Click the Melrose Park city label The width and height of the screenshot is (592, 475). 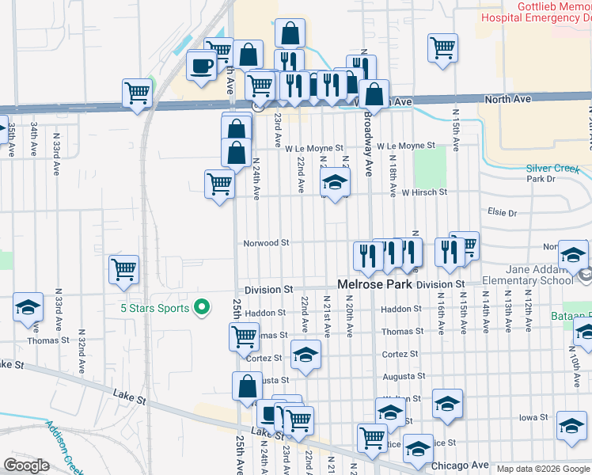coord(375,283)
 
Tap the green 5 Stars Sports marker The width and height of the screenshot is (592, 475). coord(202,307)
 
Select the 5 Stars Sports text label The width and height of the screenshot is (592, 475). coord(154,308)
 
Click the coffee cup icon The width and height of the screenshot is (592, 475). coord(202,66)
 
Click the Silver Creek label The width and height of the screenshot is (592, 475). coord(559,168)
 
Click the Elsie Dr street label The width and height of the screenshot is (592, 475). coord(503,213)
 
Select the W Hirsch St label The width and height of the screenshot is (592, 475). coord(424,192)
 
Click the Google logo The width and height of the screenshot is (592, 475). coord(26,465)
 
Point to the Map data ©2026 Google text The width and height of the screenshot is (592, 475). coord(542,469)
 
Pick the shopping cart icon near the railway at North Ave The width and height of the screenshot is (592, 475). coord(137,92)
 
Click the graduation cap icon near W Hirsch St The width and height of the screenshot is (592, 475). coord(335,184)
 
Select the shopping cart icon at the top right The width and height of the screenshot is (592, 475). coord(442,47)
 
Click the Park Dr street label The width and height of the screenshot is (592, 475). coord(541,179)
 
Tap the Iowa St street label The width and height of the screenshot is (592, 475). coord(533,417)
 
